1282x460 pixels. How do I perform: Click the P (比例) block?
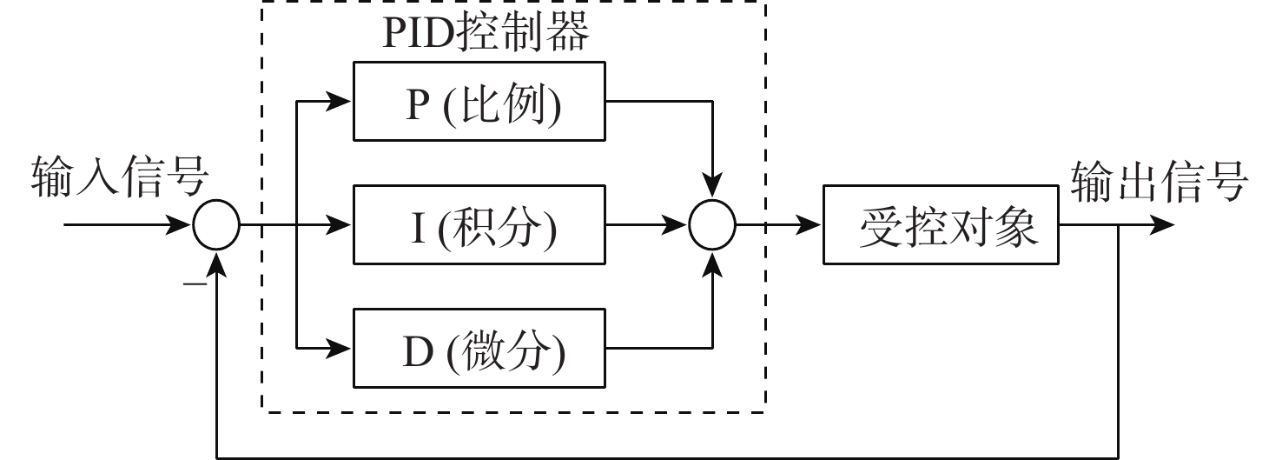pyautogui.click(x=479, y=101)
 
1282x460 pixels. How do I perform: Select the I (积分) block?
pyautogui.click(x=479, y=226)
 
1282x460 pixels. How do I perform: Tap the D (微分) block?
pyautogui.click(x=479, y=350)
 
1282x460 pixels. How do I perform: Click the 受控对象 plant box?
pyautogui.click(x=941, y=226)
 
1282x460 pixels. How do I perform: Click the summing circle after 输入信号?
pyautogui.click(x=215, y=227)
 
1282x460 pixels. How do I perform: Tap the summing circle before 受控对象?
pyautogui.click(x=712, y=227)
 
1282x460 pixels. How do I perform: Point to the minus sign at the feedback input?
pyautogui.click(x=199, y=284)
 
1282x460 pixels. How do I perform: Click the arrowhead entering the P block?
pyautogui.click(x=342, y=102)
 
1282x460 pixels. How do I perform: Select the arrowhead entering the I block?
pyautogui.click(x=342, y=227)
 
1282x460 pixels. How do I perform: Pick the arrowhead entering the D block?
pyautogui.click(x=342, y=350)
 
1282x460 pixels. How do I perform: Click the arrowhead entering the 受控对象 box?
pyautogui.click(x=811, y=227)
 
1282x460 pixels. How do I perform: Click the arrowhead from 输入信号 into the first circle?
pyautogui.click(x=182, y=227)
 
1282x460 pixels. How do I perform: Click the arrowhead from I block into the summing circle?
pyautogui.click(x=678, y=227)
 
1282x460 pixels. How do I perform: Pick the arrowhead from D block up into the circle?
pyautogui.click(x=712, y=261)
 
